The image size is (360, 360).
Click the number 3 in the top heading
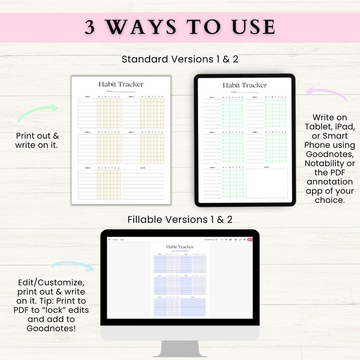click(90, 28)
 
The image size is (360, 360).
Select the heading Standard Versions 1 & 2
click(180, 59)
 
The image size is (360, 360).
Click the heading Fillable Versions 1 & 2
click(180, 219)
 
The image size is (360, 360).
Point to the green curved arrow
click(38, 112)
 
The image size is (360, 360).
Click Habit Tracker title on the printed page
click(121, 84)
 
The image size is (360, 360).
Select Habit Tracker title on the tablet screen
click(245, 85)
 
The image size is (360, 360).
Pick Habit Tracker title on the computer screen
click(180, 247)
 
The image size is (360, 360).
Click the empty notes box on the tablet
click(267, 183)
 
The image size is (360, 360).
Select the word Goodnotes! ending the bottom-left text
click(51, 328)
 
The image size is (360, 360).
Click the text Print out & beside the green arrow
click(38, 136)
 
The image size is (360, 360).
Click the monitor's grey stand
click(180, 349)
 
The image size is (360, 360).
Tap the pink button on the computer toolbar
click(249, 239)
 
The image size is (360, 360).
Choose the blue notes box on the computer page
click(193, 307)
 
